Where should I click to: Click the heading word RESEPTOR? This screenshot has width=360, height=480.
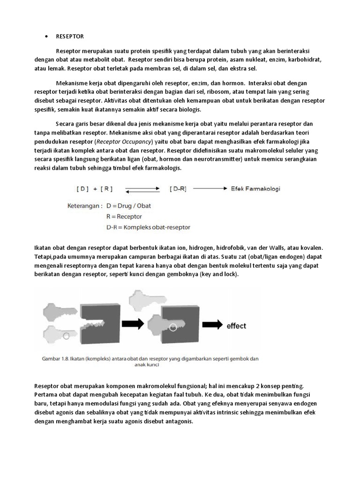70,36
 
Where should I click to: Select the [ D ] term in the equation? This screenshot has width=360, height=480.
82,189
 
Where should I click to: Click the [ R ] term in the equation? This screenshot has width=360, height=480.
105,189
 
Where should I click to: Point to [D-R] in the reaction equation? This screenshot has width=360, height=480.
178,189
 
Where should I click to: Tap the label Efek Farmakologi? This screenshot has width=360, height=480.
255,189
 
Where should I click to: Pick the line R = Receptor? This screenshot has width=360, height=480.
124,217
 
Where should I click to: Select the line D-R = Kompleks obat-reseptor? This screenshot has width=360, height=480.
148,227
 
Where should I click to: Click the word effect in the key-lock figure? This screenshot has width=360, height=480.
236,326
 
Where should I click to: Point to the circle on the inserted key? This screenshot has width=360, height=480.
173,327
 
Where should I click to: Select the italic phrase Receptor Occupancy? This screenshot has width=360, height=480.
123,141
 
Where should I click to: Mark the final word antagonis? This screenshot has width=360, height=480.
178,421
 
